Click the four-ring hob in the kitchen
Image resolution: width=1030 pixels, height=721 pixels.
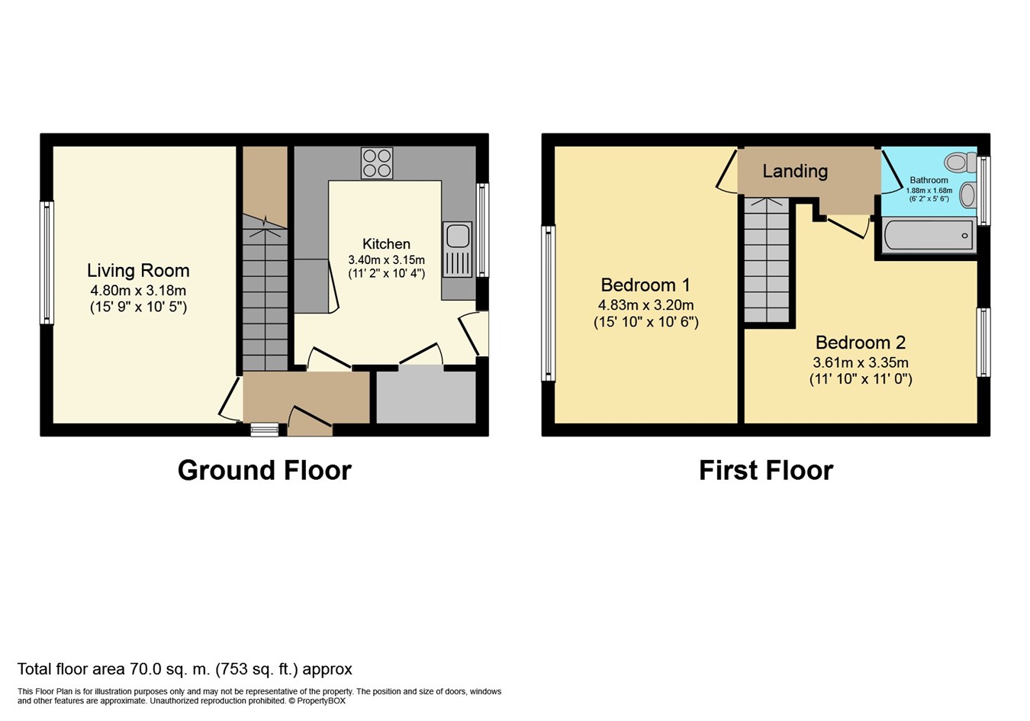click(377, 163)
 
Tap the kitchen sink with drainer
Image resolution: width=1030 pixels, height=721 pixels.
click(458, 249)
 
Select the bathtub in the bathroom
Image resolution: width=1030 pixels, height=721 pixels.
click(929, 236)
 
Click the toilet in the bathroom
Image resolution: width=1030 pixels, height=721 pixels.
click(961, 163)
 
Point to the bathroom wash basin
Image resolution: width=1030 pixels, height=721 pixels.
click(968, 195)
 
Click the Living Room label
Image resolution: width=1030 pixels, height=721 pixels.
click(138, 270)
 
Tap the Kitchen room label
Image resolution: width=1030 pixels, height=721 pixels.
click(386, 243)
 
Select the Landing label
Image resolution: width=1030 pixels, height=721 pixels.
click(795, 171)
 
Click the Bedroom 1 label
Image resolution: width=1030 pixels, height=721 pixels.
click(645, 285)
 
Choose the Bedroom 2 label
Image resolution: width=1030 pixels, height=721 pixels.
click(861, 343)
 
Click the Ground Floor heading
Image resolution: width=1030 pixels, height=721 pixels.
click(265, 471)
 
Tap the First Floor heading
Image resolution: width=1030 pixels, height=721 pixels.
click(766, 471)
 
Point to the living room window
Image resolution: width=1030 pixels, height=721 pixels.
click(47, 262)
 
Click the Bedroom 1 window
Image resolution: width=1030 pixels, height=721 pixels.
click(548, 303)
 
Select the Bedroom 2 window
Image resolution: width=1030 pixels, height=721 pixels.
click(983, 343)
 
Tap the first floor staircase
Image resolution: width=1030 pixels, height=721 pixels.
click(767, 260)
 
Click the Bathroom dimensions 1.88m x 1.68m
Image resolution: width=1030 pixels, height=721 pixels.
click(929, 191)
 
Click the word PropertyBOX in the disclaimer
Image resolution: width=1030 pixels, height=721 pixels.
click(321, 701)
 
